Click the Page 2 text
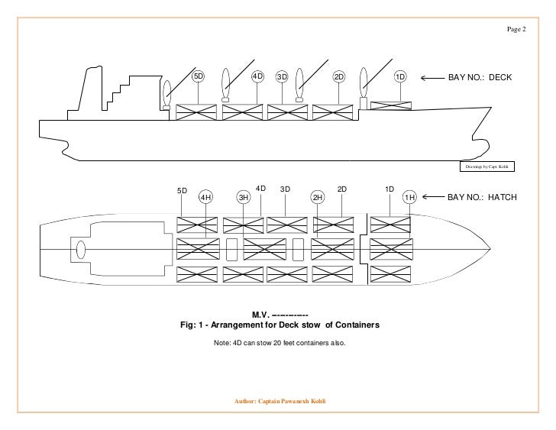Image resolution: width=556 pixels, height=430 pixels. [517, 29]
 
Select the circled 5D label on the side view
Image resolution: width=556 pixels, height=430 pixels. [198, 77]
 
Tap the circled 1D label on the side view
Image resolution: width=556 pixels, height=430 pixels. [399, 77]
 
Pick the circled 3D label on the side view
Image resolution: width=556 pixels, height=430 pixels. [281, 77]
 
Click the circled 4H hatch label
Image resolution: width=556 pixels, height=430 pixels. [205, 198]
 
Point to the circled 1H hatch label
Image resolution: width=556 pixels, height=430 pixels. [409, 198]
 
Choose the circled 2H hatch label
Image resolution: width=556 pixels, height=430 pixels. [318, 198]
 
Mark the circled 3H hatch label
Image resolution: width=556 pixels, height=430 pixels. [244, 198]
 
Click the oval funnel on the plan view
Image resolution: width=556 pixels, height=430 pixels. [80, 250]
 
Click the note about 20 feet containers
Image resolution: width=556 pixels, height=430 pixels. [279, 343]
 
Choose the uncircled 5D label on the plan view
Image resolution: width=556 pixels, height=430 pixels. [182, 190]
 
